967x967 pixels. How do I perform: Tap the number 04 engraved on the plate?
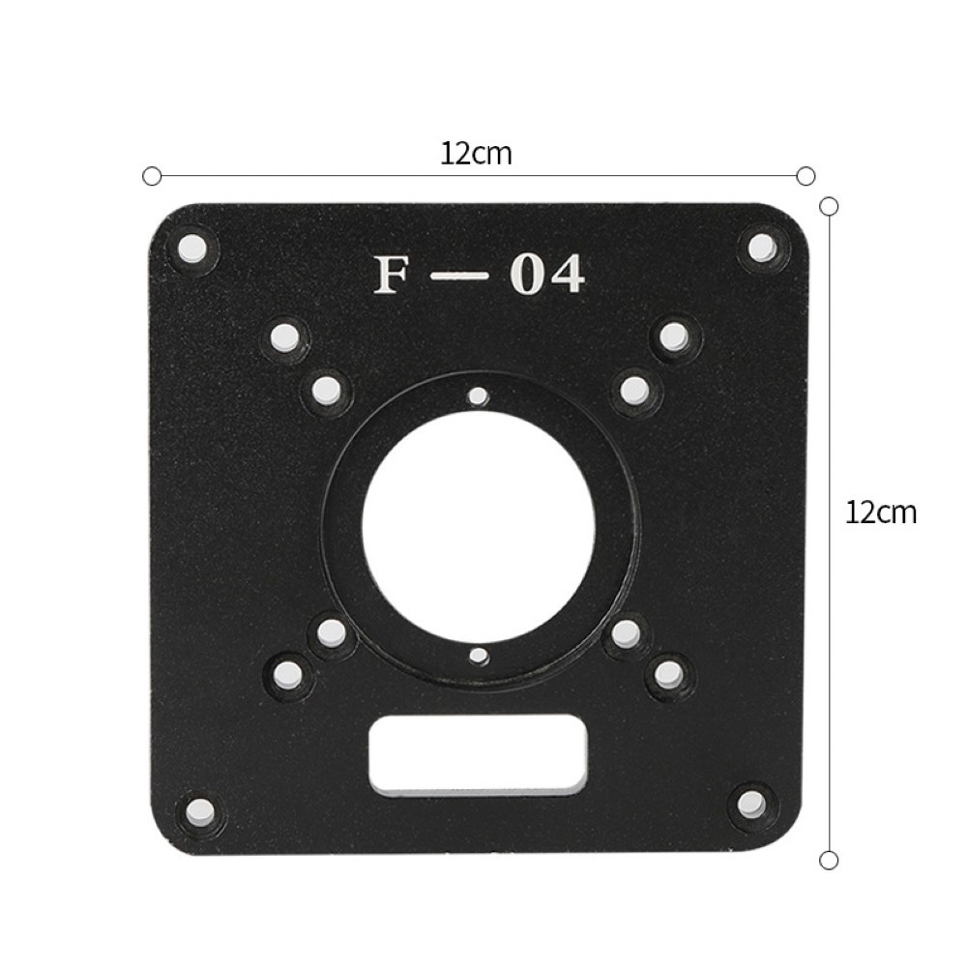(x=546, y=275)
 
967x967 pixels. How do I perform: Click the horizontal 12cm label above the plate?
(x=476, y=154)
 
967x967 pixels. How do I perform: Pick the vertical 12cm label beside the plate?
(x=880, y=513)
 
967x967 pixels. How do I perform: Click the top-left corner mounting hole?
(x=191, y=246)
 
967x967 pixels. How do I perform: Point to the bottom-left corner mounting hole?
(x=200, y=807)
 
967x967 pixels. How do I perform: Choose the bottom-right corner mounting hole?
(x=751, y=804)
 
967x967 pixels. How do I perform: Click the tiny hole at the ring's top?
(x=477, y=396)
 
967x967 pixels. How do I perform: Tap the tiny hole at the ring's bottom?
(x=477, y=658)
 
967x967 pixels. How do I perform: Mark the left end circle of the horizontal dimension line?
(x=151, y=176)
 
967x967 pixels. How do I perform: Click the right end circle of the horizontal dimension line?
(x=806, y=176)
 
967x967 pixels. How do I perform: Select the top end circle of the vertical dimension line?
(x=828, y=205)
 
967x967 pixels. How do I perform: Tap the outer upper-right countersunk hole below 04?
(x=674, y=337)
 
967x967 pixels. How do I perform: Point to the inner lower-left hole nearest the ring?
(x=331, y=633)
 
